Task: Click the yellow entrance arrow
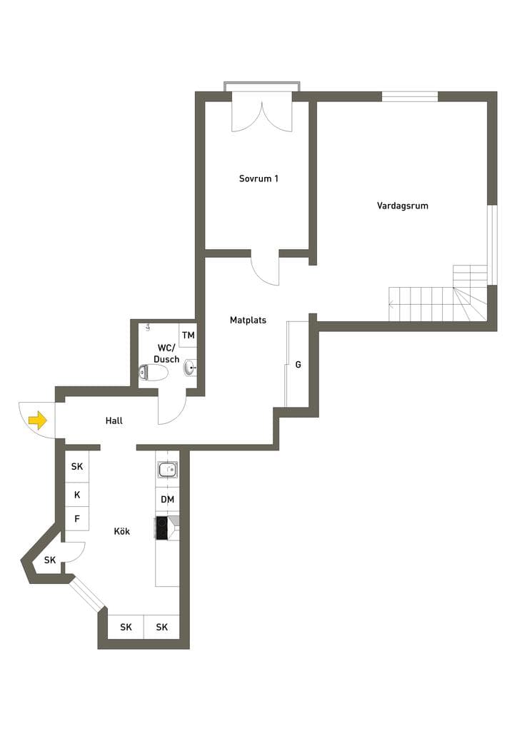click(38, 420)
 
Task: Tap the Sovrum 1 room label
click(258, 178)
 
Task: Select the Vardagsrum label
click(402, 206)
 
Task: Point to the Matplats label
click(248, 321)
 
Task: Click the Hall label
click(114, 420)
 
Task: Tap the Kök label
click(121, 531)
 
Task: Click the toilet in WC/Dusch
click(154, 373)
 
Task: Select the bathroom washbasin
click(191, 368)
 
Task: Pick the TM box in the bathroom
click(188, 336)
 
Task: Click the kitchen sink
click(167, 470)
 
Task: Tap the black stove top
click(161, 528)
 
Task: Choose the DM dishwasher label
click(167, 500)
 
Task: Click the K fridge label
click(77, 495)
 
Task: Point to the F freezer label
click(77, 518)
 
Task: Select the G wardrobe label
click(298, 365)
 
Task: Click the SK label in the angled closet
click(50, 560)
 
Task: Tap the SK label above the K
click(77, 466)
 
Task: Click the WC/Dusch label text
click(166, 353)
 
